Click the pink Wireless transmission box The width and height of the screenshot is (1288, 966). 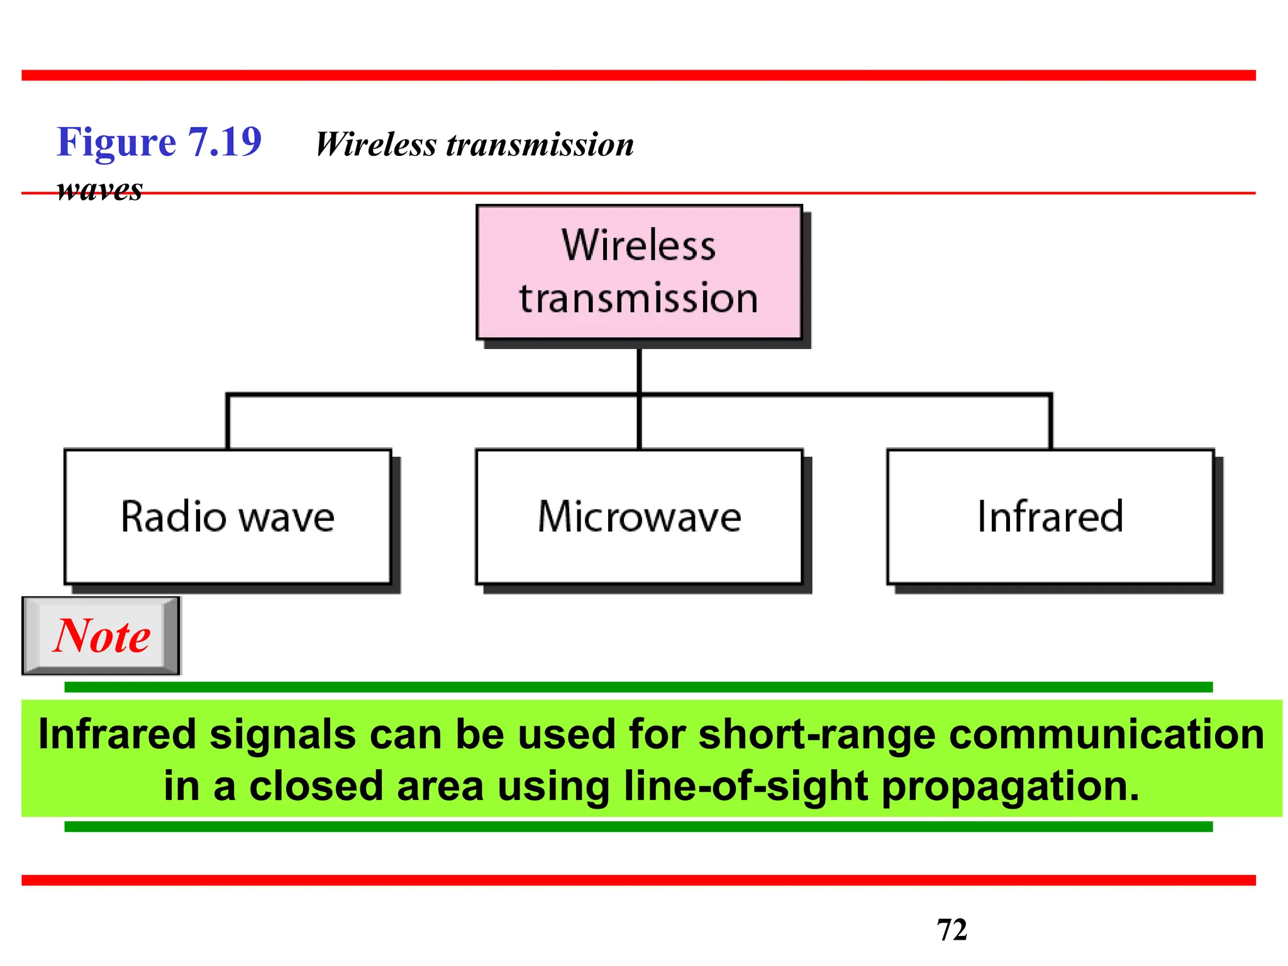coord(639,272)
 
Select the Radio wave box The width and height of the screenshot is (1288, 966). coord(228,516)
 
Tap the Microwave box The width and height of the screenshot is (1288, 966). coord(639,516)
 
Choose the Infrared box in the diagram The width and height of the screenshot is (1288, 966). coord(1050,516)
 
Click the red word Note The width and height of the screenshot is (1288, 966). coord(101,636)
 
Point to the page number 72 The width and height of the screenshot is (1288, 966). coord(952,930)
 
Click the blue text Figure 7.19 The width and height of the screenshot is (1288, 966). coord(159,142)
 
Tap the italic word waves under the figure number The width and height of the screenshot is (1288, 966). coord(99,189)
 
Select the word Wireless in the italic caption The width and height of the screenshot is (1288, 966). coord(375,145)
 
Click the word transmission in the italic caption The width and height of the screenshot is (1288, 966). coord(540,145)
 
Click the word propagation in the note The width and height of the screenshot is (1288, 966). coord(1010,786)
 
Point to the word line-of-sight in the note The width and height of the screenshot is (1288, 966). coord(745,786)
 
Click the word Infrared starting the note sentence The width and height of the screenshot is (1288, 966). coord(117,735)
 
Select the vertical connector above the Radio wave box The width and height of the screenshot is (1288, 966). coord(228,421)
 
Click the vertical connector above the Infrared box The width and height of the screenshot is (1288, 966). coord(1050,421)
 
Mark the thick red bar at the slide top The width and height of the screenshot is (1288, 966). coord(638,75)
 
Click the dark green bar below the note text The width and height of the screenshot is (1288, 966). coord(638,826)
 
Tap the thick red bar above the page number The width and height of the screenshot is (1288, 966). coord(638,880)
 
